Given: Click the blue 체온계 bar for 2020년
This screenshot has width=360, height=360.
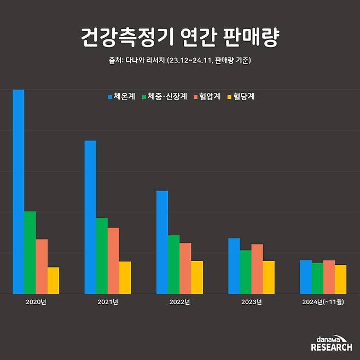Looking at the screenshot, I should (19, 191).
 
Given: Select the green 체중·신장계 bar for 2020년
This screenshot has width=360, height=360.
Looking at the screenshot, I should (30, 252).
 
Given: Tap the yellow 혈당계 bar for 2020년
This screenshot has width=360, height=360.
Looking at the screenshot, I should (53, 280).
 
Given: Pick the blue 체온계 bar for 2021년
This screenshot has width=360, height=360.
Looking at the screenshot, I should (90, 217).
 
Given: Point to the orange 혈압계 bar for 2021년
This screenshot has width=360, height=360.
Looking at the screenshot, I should (113, 260).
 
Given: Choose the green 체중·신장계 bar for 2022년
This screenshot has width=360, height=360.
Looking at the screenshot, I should (173, 264).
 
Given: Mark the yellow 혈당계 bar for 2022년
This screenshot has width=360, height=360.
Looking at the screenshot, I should (197, 277).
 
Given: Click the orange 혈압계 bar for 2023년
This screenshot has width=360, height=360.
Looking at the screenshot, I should (257, 269).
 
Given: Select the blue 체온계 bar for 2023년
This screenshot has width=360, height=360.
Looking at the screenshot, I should (234, 266).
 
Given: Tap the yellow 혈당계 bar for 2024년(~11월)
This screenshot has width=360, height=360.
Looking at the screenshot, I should (340, 279).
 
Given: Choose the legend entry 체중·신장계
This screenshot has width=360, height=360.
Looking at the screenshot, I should (164, 97).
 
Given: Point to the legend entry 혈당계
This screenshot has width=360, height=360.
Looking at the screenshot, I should (241, 97).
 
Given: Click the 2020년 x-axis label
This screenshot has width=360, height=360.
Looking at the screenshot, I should (36, 301).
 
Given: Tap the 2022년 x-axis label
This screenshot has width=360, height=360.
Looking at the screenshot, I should (179, 301).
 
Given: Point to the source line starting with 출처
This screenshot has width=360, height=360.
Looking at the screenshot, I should (180, 61).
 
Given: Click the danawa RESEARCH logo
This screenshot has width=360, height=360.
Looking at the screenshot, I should (332, 344).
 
